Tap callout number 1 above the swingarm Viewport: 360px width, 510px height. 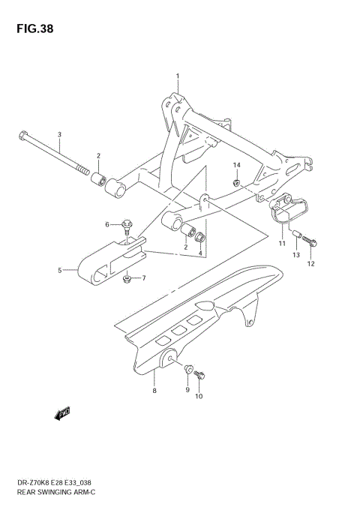[178, 76]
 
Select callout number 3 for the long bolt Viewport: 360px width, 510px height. [60, 133]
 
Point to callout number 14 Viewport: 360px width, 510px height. [235, 165]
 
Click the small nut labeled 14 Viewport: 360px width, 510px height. [235, 181]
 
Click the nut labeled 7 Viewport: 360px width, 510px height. [127, 279]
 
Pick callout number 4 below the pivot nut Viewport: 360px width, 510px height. [201, 253]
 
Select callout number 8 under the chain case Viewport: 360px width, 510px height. [154, 391]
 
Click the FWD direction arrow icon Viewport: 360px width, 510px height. [62, 412]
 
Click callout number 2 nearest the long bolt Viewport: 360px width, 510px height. [98, 155]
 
